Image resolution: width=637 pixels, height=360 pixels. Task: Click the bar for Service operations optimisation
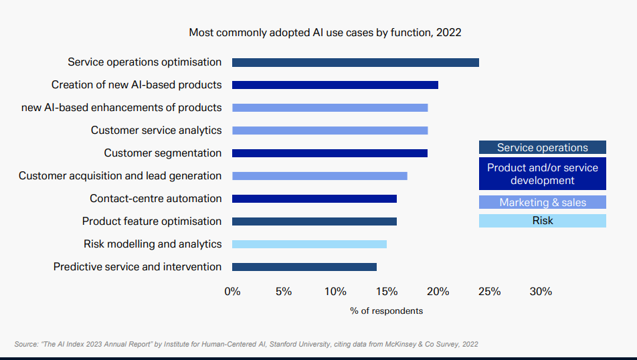click(355, 62)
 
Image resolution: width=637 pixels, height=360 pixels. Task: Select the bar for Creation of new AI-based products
click(335, 85)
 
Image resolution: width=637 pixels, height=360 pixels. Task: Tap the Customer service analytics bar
click(330, 130)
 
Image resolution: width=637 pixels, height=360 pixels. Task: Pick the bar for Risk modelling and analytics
click(309, 244)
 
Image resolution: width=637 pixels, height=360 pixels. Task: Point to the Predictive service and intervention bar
click(304, 267)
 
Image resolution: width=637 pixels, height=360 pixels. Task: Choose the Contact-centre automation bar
click(314, 199)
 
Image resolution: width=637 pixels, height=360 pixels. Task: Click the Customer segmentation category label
click(163, 153)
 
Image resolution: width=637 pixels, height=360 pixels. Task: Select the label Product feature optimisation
click(152, 221)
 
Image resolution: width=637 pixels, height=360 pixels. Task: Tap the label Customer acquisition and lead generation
click(120, 176)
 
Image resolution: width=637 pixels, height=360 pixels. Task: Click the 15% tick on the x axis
click(387, 292)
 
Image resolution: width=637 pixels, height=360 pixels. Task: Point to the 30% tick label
click(541, 292)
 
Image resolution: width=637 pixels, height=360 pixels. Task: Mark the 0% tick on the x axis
click(232, 292)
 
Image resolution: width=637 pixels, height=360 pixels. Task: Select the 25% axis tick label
click(490, 292)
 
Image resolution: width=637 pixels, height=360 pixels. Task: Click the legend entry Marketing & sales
click(543, 202)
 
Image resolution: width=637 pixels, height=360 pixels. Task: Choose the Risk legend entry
click(543, 221)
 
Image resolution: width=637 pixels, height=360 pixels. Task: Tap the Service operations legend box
click(543, 147)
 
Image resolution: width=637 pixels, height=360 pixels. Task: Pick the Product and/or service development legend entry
click(543, 174)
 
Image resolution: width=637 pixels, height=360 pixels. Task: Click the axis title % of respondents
click(386, 311)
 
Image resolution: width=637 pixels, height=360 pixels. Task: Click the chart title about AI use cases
click(325, 32)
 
